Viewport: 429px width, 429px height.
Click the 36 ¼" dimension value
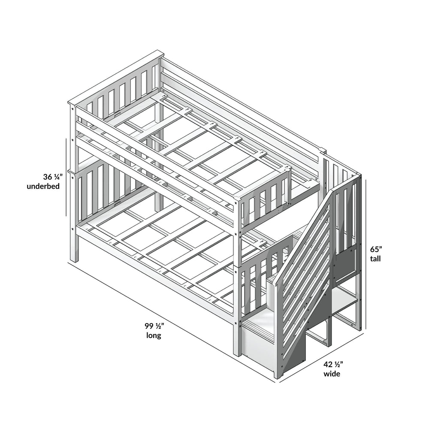coord(51,177)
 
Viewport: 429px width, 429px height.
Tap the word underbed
coord(43,186)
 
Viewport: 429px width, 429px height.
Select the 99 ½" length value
coord(154,326)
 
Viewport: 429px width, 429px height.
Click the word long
coord(154,335)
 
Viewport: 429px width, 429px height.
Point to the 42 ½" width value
coord(333,364)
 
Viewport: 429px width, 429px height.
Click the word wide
coord(332,374)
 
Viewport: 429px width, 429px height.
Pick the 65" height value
coord(376,249)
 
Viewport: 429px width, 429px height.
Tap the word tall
coord(375,259)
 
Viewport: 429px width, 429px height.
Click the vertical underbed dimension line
coord(66,177)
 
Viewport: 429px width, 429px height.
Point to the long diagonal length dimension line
coord(171,322)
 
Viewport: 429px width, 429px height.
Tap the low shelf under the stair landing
coord(345,306)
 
